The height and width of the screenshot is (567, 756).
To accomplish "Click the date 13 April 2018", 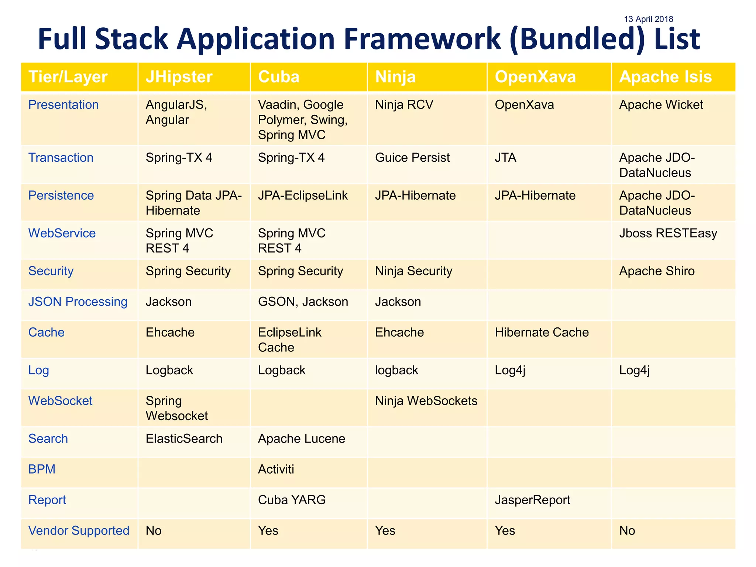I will click(x=648, y=19).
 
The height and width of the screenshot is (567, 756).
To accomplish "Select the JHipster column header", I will click(x=179, y=77).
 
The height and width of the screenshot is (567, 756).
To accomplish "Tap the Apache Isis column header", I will click(x=665, y=77).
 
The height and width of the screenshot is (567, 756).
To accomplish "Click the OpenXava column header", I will click(x=535, y=77).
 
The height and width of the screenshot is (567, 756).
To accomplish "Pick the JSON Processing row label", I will click(x=78, y=302).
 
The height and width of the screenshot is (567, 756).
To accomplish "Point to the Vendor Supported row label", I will click(x=79, y=530).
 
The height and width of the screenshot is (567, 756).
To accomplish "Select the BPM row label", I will click(x=42, y=469).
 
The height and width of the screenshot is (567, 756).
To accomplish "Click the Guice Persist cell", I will click(x=412, y=158).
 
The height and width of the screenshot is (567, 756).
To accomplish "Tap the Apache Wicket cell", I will click(x=661, y=105).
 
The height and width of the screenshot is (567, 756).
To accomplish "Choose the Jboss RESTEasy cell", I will click(x=668, y=233).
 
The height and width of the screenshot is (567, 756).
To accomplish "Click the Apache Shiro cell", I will click(x=657, y=271).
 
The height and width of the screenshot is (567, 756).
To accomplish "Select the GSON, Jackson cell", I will click(x=303, y=302).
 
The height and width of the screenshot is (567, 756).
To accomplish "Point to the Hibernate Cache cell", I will click(x=542, y=332).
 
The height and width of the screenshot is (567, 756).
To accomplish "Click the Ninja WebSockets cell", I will click(x=426, y=401).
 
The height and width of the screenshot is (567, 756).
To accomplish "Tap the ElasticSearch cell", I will click(x=184, y=439).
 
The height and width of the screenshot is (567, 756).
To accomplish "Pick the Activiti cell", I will click(x=276, y=469).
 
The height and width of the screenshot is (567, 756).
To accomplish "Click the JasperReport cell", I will click(x=532, y=500).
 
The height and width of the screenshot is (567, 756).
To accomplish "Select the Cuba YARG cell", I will click(x=292, y=500).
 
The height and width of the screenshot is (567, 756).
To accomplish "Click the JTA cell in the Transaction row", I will click(x=505, y=158).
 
